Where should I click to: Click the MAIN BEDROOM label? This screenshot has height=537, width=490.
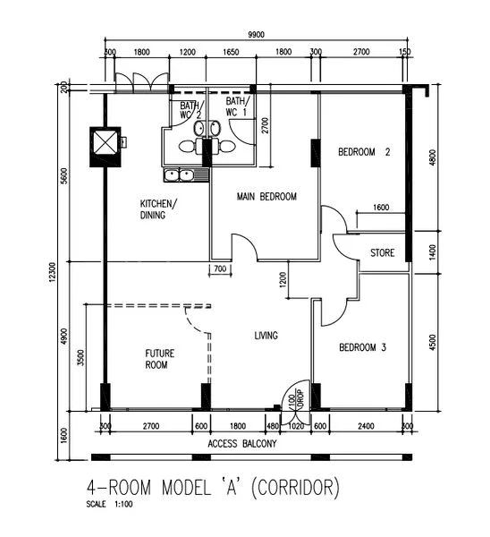pos(266,196)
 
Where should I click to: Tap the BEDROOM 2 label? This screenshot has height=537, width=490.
pos(364,152)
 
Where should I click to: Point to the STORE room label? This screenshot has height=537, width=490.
pos(382,253)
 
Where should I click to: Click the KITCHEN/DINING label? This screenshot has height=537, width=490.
pos(158,209)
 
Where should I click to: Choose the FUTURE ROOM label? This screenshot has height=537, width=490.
pos(159,359)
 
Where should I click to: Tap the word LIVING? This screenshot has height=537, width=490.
pos(266,336)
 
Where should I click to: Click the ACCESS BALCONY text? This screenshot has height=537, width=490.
pos(241,444)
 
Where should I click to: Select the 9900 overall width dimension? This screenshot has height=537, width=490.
pos(257,34)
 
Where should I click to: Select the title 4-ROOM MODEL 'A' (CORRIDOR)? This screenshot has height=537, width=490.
pos(214,489)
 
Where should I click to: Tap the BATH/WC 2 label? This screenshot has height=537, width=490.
pos(190,108)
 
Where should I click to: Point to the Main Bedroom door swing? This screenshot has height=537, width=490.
pos(244,245)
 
